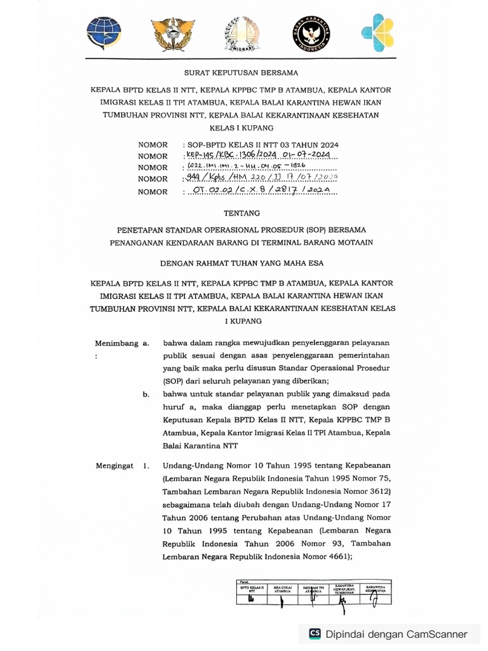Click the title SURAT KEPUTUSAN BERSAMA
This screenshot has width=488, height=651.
tap(241, 73)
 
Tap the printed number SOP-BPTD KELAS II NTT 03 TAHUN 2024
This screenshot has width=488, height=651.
tap(260, 145)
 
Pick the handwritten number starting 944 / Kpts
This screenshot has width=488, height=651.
tap(261, 179)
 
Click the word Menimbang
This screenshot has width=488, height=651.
tap(117, 343)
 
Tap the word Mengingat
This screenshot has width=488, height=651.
tap(115, 466)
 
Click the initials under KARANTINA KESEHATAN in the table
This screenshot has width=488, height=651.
tap(375, 601)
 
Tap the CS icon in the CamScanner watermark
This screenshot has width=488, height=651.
tap(315, 634)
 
